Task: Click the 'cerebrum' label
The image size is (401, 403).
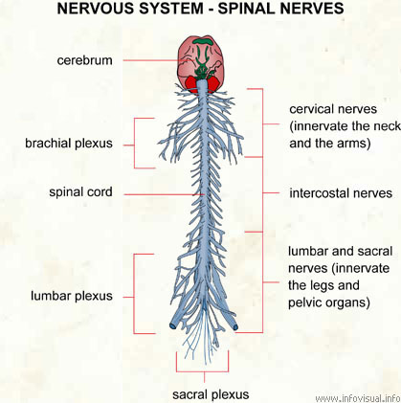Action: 85,60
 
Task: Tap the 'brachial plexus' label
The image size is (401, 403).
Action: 69,144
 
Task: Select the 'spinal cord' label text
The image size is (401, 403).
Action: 80,192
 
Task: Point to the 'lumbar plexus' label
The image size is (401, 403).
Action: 72,296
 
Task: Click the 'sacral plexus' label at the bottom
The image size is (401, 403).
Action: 211,394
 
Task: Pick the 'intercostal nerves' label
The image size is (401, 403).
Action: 341,193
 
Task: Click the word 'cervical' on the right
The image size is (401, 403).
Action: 311,109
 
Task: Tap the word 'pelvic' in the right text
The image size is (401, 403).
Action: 305,302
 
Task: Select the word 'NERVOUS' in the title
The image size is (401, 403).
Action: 96,9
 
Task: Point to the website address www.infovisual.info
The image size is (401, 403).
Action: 358,398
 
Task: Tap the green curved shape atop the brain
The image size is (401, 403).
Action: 203,41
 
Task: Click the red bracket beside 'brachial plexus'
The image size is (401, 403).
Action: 134,144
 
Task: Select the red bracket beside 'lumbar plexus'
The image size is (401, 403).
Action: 134,294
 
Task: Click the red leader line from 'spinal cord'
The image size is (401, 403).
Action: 164,194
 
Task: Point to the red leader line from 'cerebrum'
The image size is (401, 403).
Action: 155,60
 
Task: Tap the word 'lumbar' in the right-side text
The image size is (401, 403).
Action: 308,252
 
